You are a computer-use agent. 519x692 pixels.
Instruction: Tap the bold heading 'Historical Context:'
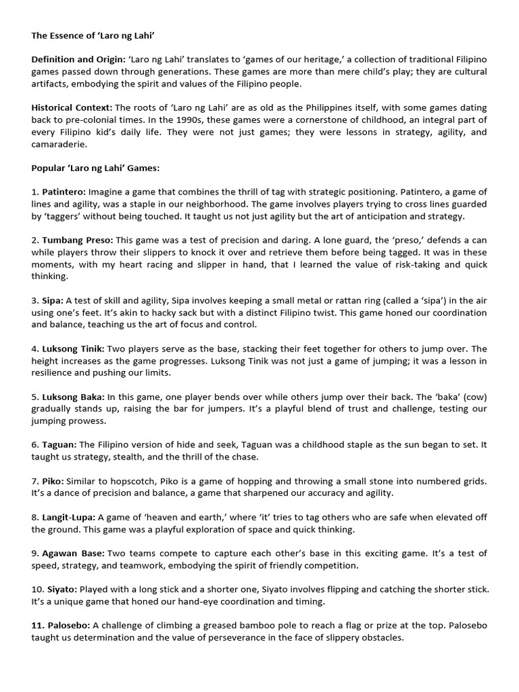coord(72,107)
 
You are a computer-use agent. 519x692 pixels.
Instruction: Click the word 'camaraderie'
coord(56,144)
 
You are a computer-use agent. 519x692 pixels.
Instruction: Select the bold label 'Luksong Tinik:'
coord(74,349)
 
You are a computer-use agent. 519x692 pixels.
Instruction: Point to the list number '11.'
coord(38,625)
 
